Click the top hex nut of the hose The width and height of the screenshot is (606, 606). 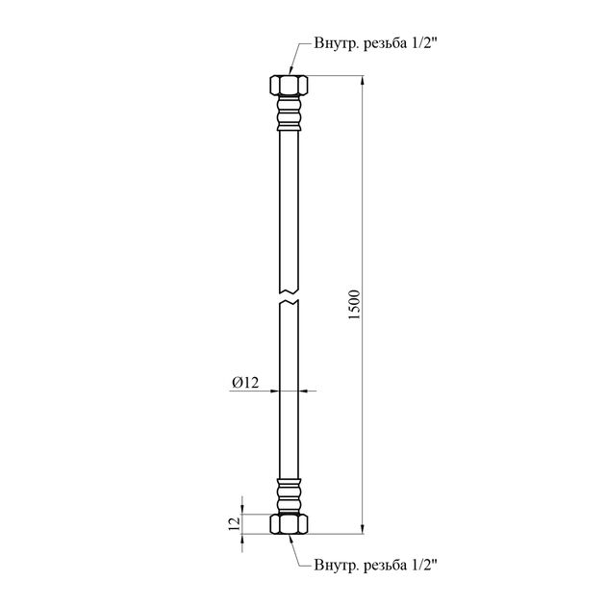coord(289,86)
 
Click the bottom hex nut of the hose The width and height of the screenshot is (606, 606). coord(289,524)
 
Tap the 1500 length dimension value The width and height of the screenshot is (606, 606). coord(354,305)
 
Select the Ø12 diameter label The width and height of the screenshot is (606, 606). coord(245,383)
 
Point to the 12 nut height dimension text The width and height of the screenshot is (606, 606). coord(235,524)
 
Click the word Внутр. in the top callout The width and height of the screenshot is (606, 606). coord(337,43)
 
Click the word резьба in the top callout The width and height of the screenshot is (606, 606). coord(386,43)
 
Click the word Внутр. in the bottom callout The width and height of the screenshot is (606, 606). coord(337,566)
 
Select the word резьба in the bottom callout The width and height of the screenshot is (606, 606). coord(386,565)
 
